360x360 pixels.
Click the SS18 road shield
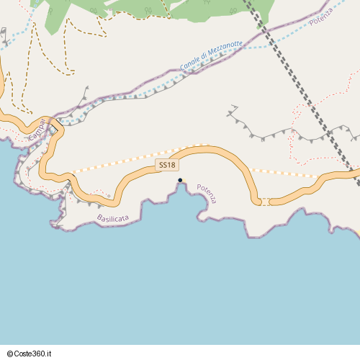(x=167, y=166)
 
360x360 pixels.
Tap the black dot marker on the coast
(x=180, y=180)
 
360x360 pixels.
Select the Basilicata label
(x=112, y=217)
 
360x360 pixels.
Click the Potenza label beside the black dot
(x=207, y=192)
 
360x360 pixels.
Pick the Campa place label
(x=37, y=131)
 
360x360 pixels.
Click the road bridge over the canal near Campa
(x=54, y=122)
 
